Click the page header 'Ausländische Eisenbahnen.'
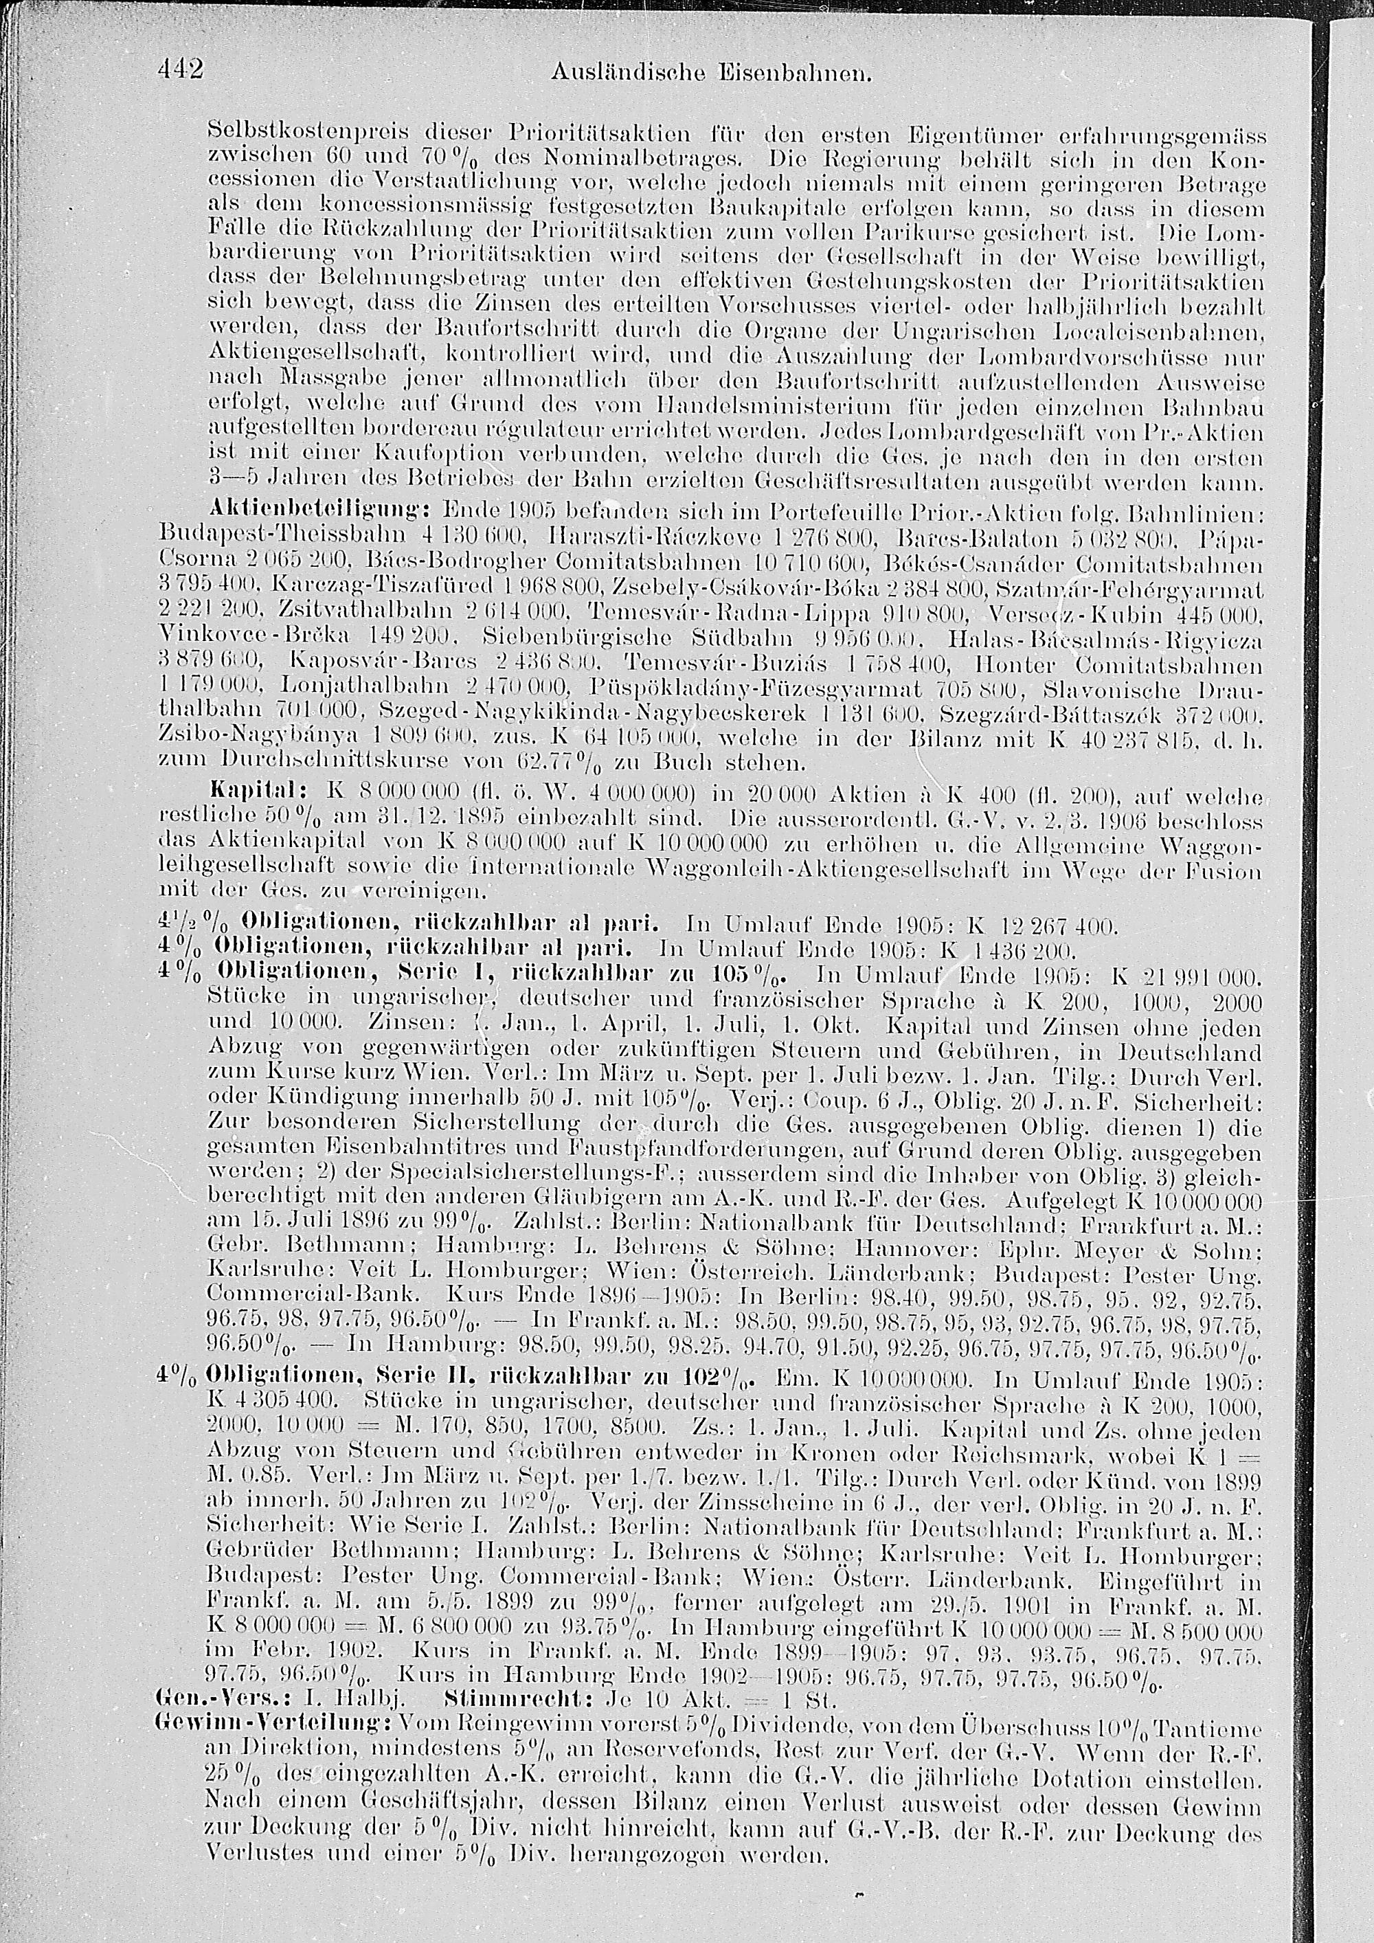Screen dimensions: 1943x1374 point(710,74)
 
